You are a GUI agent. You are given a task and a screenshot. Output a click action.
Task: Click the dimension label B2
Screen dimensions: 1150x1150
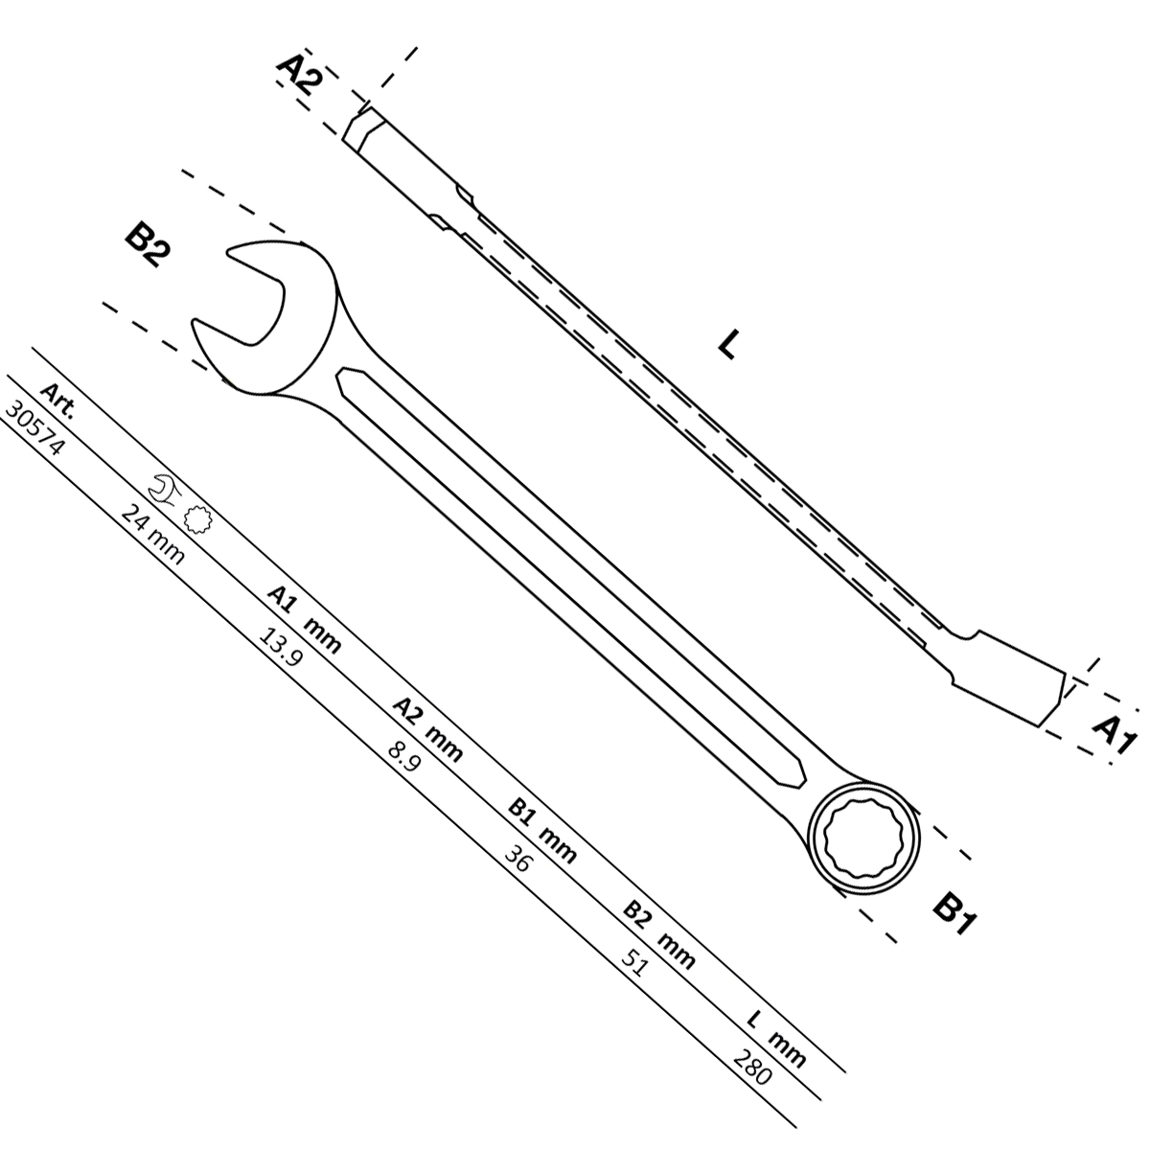(148, 246)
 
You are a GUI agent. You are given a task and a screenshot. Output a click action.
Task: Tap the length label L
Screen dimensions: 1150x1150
(729, 344)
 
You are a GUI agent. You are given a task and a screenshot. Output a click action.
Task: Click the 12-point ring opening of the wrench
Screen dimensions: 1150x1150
(863, 839)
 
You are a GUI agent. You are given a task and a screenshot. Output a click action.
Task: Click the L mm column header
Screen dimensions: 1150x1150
(776, 1042)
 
